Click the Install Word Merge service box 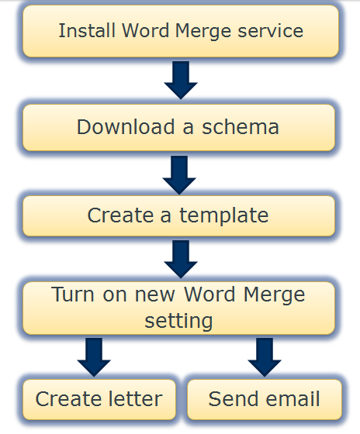point(181,31)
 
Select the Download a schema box point(178,128)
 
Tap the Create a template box point(178,216)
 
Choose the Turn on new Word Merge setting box point(178,308)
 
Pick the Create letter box point(99,399)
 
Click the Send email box point(265,399)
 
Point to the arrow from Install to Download point(181,80)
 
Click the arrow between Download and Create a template point(179,175)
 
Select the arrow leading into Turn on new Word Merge point(181,259)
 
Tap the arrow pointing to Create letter point(94,357)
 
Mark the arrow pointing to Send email point(265,357)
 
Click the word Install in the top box point(87,30)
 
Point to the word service point(271,31)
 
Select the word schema point(241,127)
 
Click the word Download point(126,127)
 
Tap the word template point(224,216)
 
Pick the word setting point(178,322)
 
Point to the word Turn point(73,294)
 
